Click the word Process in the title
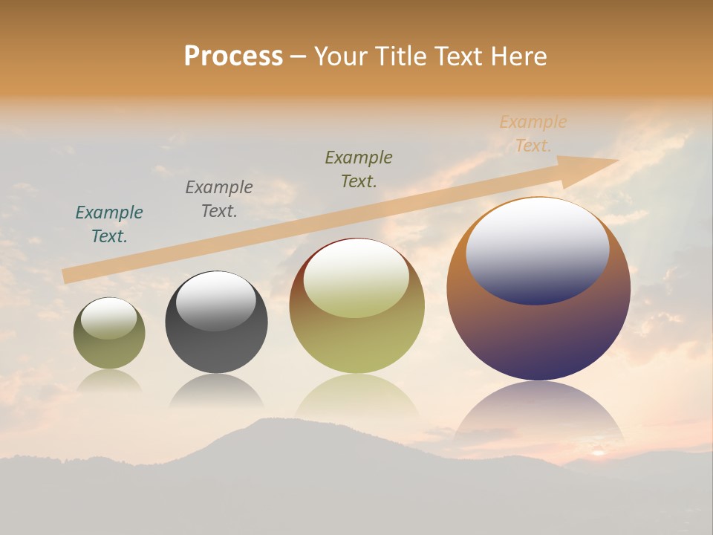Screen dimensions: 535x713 click(233, 56)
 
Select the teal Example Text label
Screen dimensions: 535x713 click(109, 224)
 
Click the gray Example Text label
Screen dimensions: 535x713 click(219, 198)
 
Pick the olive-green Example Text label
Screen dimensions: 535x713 click(359, 169)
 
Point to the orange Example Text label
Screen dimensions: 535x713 click(533, 134)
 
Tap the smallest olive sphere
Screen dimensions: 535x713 click(109, 349)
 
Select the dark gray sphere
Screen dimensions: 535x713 click(216, 349)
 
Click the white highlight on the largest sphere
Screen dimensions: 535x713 click(537, 249)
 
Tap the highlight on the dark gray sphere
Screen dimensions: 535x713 click(215, 299)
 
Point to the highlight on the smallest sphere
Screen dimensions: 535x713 click(108, 318)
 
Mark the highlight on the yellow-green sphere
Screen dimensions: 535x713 click(356, 276)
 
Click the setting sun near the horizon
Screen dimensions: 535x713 click(597, 451)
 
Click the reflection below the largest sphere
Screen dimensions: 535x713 click(538, 412)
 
